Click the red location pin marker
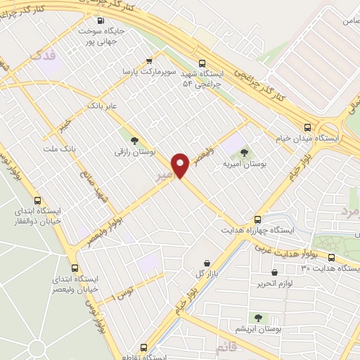coord(181,166)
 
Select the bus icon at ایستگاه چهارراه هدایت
coord(258,219)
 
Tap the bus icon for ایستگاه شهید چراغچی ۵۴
coord(202,61)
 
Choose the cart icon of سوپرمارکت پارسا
coord(148,60)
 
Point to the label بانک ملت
coord(59,149)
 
